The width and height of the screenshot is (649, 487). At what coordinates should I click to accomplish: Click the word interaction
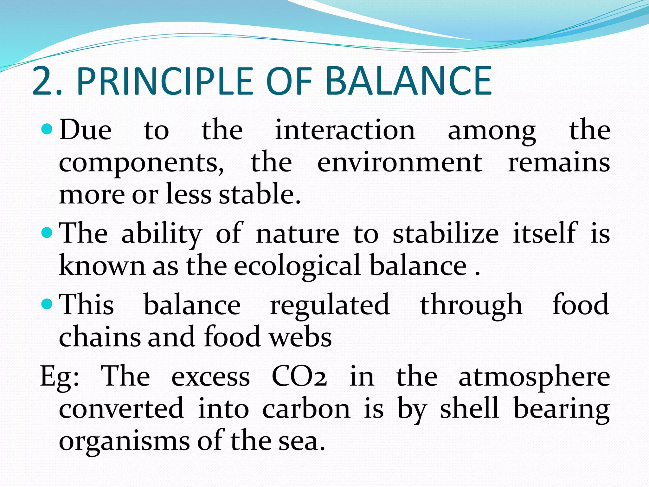(345, 130)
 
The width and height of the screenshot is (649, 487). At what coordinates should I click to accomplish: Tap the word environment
(400, 162)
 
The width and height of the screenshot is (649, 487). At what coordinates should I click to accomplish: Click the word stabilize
(446, 233)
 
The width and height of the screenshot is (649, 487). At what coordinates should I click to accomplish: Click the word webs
(300, 337)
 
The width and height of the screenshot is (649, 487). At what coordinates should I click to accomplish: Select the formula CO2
(299, 377)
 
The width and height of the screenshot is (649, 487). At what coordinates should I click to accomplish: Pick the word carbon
(306, 409)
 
